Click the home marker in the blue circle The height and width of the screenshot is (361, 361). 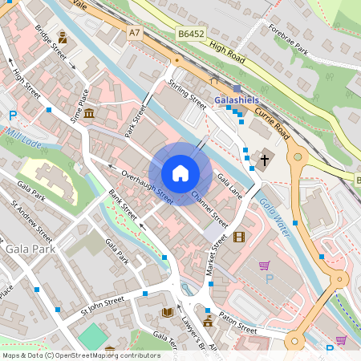coord(180,172)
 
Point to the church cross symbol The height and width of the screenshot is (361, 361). coord(265,159)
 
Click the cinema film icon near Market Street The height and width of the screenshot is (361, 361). coord(238,236)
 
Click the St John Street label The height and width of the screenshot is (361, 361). coord(102,306)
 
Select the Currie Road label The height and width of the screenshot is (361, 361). coord(270,122)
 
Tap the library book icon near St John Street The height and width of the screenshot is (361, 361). coord(167,311)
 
